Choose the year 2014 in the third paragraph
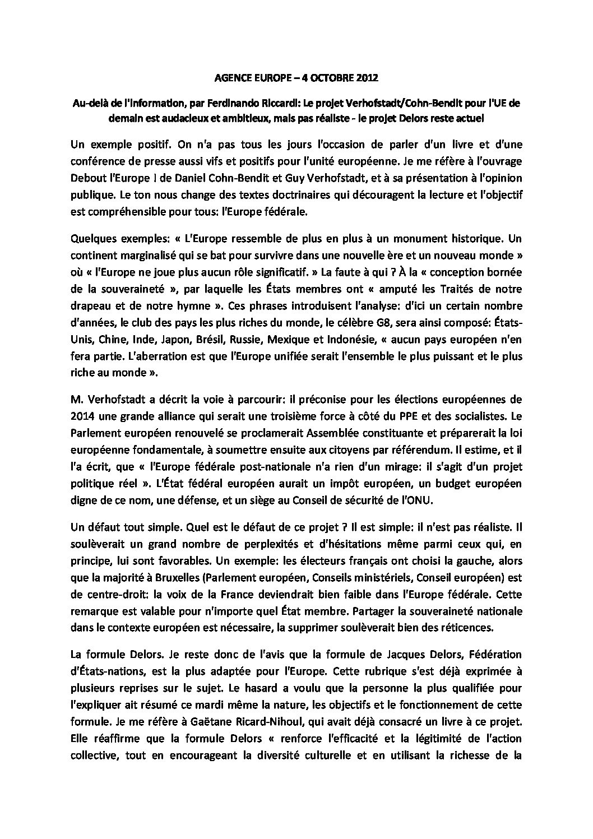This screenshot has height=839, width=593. (x=82, y=415)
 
